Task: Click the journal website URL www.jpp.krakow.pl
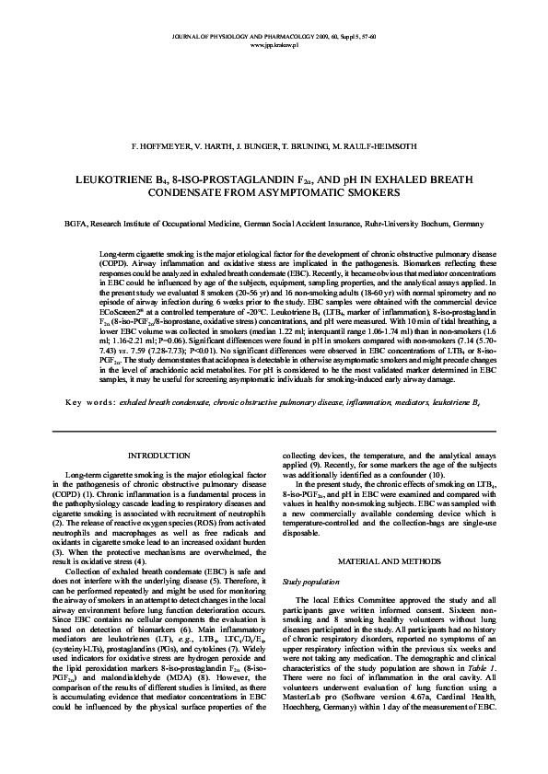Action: [274, 42]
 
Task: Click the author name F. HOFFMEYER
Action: [162, 146]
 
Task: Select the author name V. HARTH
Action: [212, 146]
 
